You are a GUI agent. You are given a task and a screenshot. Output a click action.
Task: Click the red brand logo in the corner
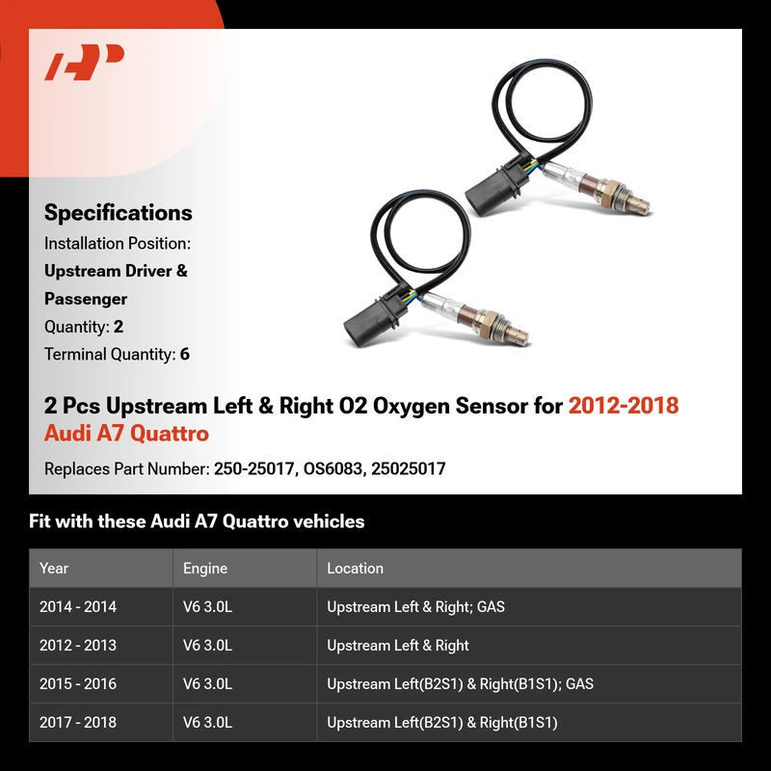pos(84,62)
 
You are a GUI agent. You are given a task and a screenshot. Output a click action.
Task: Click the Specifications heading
pos(118,213)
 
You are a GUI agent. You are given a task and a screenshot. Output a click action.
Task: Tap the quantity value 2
pos(118,327)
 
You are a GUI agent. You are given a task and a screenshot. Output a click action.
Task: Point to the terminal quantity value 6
pos(185,354)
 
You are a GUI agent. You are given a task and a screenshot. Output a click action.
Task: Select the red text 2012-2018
pos(624,406)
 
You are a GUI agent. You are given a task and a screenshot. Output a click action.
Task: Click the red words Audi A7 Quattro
pos(126,434)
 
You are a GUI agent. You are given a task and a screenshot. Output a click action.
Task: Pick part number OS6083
pos(332,468)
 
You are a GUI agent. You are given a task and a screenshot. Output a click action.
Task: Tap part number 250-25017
pos(253,468)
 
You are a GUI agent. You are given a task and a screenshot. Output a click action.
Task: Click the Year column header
pos(54,568)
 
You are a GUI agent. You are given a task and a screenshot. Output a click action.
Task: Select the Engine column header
pos(205,569)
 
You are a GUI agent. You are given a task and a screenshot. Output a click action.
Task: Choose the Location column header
pos(355,568)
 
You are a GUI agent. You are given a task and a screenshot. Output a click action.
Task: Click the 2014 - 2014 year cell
pos(78,607)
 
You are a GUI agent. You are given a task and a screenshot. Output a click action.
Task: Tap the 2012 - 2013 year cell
pos(78,645)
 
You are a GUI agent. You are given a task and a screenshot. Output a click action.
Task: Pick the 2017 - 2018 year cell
pos(78,722)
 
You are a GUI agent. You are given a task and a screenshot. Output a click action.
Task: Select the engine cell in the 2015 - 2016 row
pos(207,684)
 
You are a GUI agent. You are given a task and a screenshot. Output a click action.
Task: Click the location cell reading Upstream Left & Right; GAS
pos(415,607)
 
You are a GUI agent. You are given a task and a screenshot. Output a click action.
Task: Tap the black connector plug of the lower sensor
pos(373,320)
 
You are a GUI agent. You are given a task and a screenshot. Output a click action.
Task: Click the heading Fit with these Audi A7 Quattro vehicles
pos(197,521)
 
